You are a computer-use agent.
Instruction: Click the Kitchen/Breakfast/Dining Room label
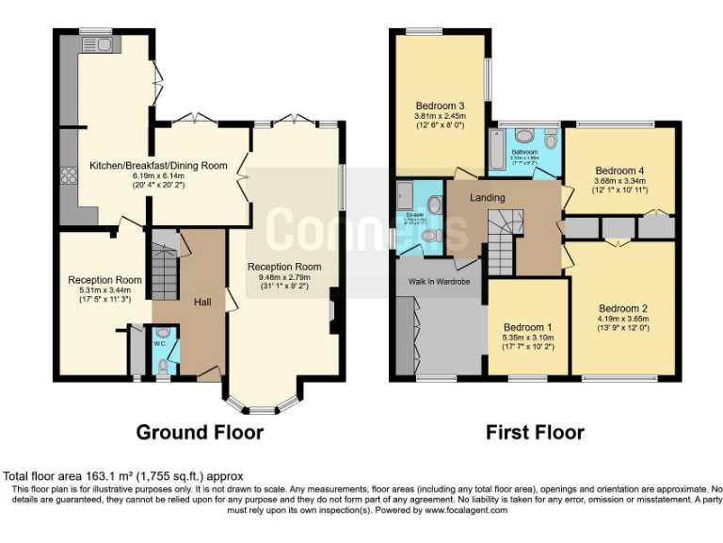click(158, 166)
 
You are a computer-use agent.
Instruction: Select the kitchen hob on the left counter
click(69, 175)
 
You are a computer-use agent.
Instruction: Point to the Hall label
click(202, 302)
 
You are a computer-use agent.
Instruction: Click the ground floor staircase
click(165, 269)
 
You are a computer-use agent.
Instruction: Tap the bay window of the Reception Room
click(263, 405)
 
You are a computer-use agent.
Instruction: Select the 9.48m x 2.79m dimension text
click(284, 278)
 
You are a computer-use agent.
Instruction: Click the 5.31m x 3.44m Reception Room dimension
click(104, 291)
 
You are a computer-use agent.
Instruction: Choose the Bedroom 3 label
click(441, 105)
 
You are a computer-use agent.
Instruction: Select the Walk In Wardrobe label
click(439, 281)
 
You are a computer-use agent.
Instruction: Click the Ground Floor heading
click(200, 433)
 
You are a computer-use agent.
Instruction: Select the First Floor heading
click(535, 433)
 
